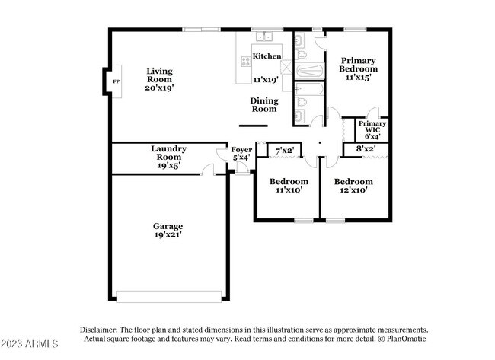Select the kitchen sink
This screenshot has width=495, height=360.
[265, 36]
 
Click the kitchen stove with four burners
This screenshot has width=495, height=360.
[246, 62]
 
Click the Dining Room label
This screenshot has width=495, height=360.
[264, 104]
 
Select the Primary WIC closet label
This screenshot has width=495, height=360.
[372, 129]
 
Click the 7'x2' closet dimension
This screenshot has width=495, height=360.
[285, 150]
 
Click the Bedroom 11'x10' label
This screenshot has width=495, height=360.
[289, 186]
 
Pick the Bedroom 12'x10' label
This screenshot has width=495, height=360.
[354, 186]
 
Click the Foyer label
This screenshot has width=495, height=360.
[241, 153]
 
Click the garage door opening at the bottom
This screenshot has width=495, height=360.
[169, 296]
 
